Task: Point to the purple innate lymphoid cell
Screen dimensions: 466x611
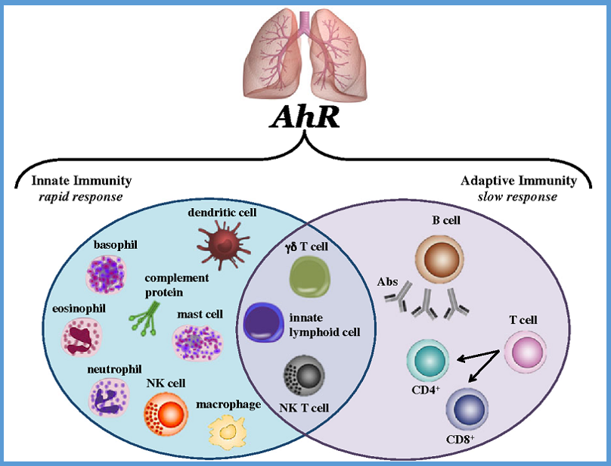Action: (x=263, y=322)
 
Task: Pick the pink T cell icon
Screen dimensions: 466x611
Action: (x=524, y=352)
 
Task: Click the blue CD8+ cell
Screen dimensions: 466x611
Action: (x=467, y=409)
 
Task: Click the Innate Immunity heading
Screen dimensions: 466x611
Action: (x=82, y=181)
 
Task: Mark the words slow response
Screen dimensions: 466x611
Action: (x=519, y=197)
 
